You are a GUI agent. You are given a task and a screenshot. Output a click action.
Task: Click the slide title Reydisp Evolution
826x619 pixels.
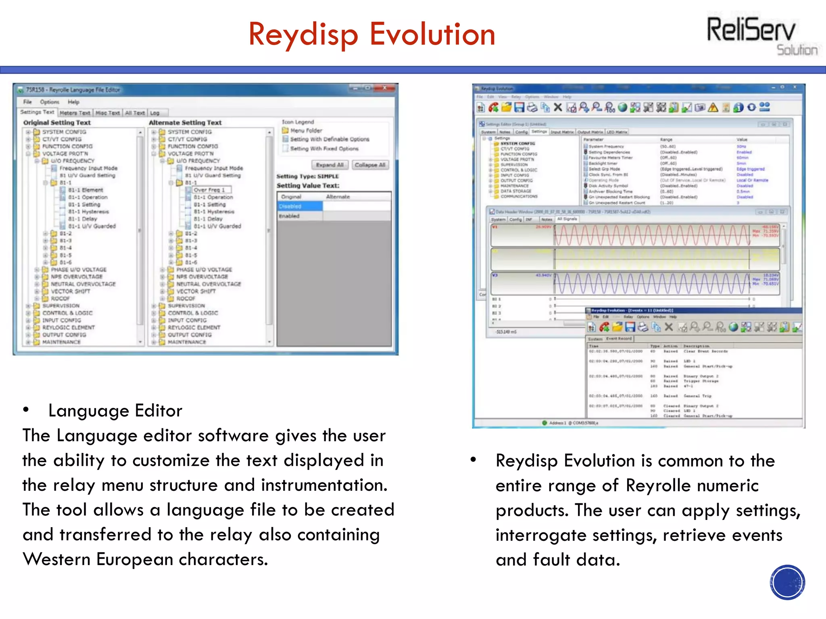pos(371,35)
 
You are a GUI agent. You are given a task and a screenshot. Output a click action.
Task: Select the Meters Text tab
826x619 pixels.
pos(75,113)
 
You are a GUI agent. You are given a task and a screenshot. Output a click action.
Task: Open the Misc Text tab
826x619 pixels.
pos(107,113)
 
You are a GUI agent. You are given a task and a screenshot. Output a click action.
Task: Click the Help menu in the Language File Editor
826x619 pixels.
pos(73,102)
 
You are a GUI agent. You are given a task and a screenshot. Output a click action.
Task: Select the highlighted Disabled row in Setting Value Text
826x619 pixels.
pos(300,206)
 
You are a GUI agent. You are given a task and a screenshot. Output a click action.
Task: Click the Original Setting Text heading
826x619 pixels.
pos(57,123)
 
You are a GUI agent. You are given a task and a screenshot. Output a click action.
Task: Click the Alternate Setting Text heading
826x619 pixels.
pos(185,123)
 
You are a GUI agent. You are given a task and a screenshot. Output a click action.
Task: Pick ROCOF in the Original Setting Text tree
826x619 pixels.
pos(60,299)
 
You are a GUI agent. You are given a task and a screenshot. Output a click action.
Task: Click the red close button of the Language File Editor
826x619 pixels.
pos(384,88)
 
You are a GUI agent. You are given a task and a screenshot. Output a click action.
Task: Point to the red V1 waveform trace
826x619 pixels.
pos(651,235)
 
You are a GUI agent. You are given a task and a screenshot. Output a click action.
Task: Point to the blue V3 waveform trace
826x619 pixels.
pos(651,284)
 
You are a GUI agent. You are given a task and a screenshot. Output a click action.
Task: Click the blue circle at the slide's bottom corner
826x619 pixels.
pos(787,582)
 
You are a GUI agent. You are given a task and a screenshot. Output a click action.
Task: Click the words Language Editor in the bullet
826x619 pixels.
pos(115,411)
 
